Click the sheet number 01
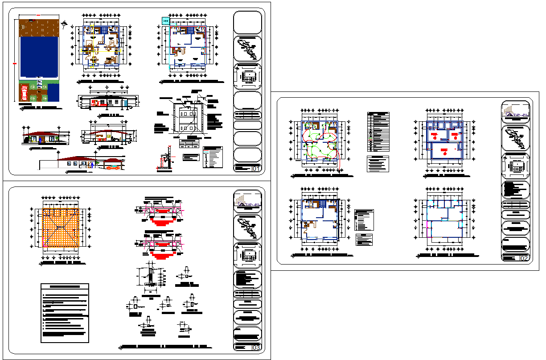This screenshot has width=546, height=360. coord(256,169)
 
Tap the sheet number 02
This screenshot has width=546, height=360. coord(524,258)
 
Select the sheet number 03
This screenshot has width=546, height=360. coord(256,348)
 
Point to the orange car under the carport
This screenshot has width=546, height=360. coord(113,168)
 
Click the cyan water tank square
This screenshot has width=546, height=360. coord(165,20)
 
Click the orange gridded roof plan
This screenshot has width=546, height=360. coord(61,228)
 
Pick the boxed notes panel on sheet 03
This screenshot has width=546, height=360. coord(65,313)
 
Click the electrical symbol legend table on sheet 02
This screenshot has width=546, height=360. coord(378,131)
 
